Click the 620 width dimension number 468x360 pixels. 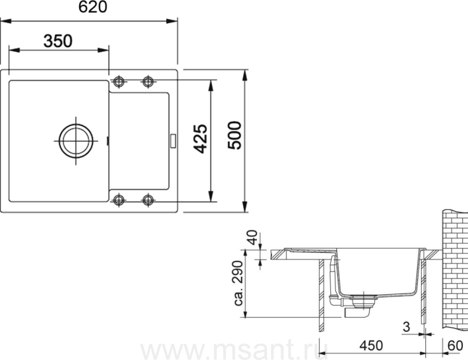point(93,7)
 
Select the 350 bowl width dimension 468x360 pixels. point(58,41)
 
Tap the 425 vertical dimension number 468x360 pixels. point(200,139)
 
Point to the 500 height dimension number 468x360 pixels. point(235,136)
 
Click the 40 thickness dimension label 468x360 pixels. point(253,237)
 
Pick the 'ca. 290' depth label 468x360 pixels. point(239,283)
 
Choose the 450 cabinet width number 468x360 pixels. point(371,345)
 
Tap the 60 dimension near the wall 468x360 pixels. point(455,345)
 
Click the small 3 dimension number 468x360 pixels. point(406,327)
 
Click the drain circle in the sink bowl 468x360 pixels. point(76,141)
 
